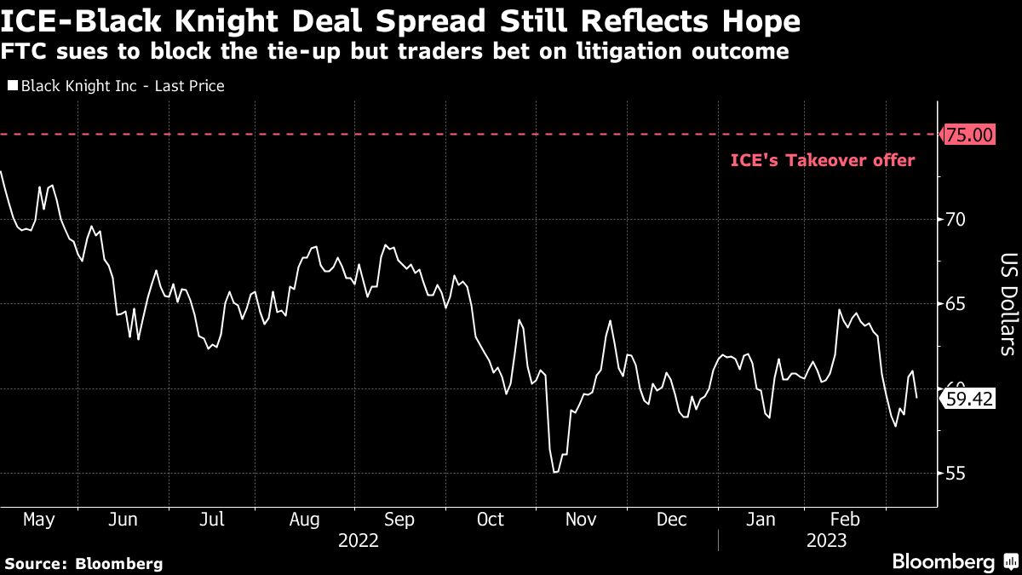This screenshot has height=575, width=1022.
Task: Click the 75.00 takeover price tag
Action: pyautogui.click(x=969, y=135)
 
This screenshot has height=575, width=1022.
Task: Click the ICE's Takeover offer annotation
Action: pyautogui.click(x=823, y=160)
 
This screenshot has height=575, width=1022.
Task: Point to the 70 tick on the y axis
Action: pyautogui.click(x=955, y=219)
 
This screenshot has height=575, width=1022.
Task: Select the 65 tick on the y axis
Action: pyautogui.click(x=955, y=304)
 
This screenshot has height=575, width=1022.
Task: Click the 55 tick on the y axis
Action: pyautogui.click(x=955, y=474)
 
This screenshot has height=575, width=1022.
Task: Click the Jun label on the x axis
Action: pyautogui.click(x=124, y=520)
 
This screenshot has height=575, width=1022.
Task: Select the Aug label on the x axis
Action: pyautogui.click(x=305, y=520)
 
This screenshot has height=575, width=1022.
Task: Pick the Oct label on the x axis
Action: pyautogui.click(x=491, y=520)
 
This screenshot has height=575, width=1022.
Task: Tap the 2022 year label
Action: pyautogui.click(x=359, y=541)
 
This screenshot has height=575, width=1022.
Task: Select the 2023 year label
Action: pyautogui.click(x=825, y=541)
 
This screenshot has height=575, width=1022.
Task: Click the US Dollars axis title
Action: pyautogui.click(x=1008, y=304)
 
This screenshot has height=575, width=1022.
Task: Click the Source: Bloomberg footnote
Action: pyautogui.click(x=83, y=563)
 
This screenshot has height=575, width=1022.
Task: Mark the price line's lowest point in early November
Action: pyautogui.click(x=554, y=472)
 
